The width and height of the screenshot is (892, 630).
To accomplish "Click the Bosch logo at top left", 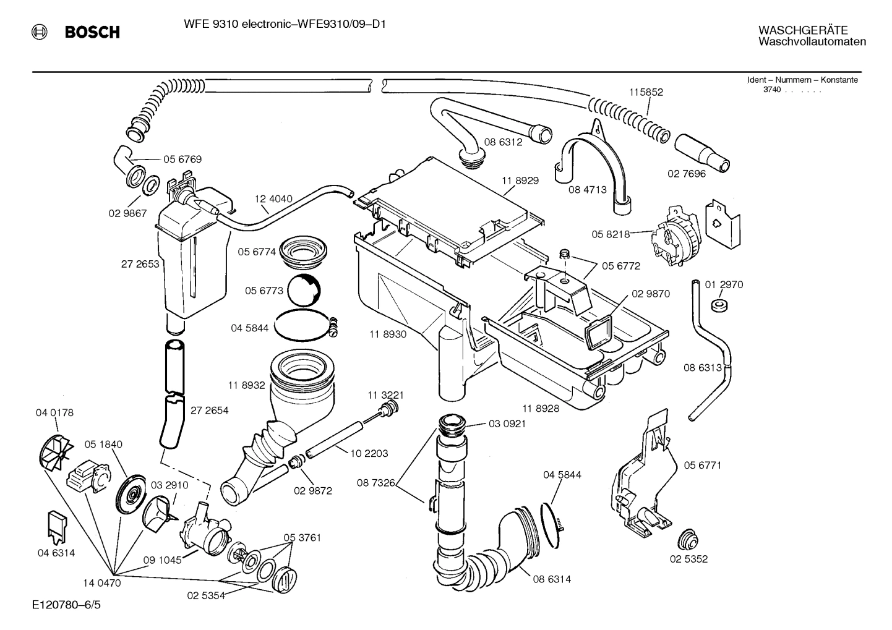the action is [76, 32].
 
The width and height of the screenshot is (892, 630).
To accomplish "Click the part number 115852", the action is [646, 92].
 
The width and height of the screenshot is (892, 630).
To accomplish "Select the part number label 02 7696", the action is [686, 174].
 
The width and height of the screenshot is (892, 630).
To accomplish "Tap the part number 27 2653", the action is [140, 263].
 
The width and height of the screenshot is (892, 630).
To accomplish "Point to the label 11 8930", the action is [388, 334].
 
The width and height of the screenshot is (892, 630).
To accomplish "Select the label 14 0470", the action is [102, 582].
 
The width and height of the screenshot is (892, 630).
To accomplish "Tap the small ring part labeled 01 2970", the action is [718, 305].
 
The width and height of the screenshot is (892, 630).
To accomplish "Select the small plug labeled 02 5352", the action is [686, 538].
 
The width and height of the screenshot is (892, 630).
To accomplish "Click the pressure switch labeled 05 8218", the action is [676, 236].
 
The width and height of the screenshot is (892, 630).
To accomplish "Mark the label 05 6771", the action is [702, 465].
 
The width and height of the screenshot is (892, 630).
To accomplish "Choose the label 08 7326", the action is [376, 482].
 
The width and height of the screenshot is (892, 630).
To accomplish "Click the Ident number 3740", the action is [771, 90].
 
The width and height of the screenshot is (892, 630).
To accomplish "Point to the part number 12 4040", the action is [273, 199].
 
